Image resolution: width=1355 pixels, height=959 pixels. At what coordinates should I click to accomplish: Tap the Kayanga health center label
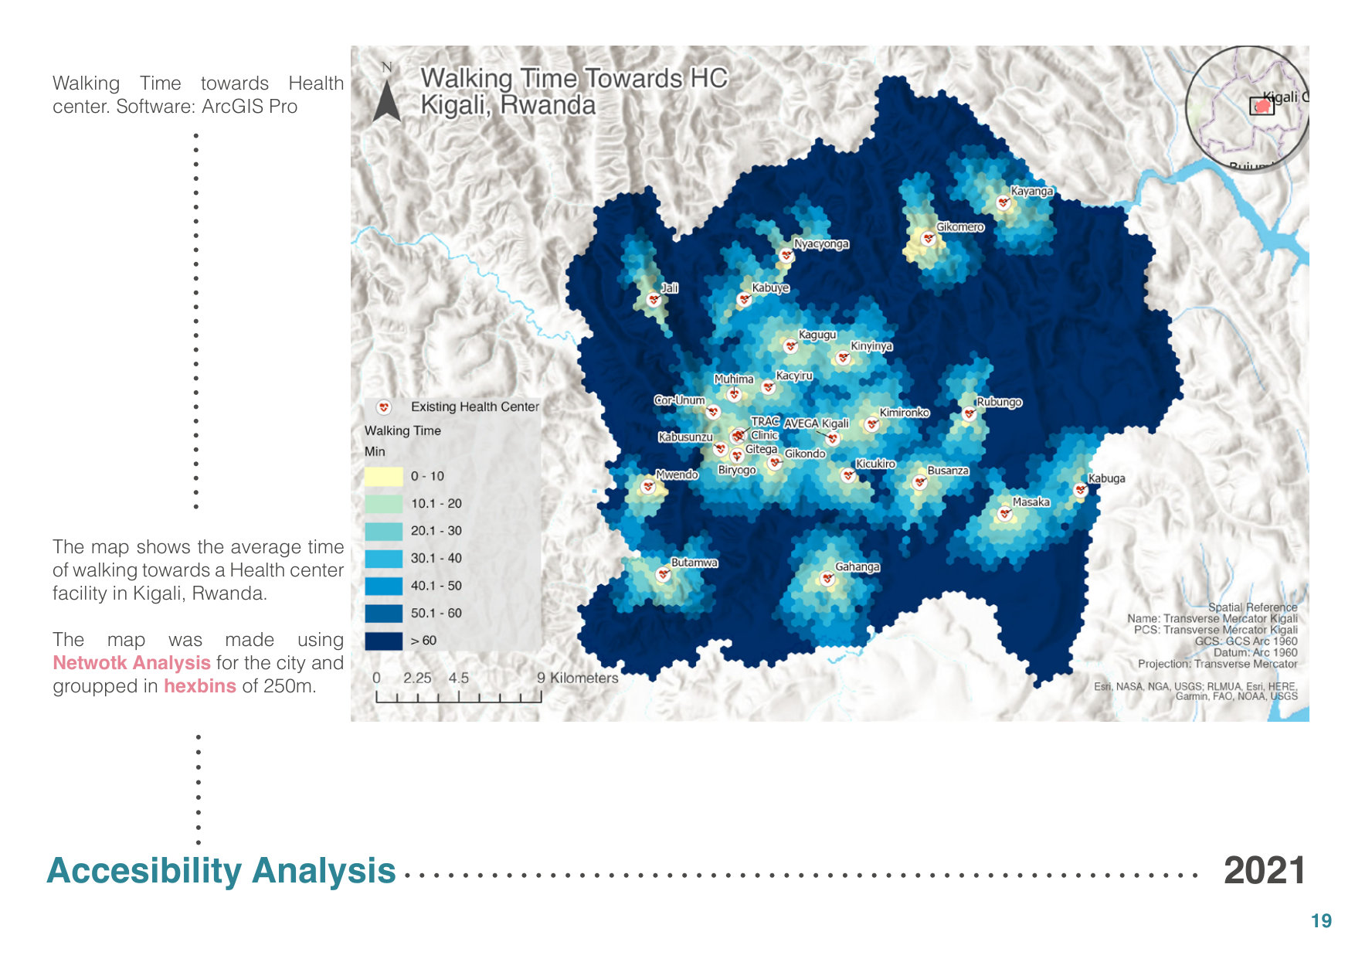1031,191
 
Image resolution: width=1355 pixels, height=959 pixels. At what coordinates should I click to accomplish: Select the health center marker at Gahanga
827,578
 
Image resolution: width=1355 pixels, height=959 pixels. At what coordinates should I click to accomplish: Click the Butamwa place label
694,563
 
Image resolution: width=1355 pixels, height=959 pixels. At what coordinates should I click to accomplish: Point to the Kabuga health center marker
1081,489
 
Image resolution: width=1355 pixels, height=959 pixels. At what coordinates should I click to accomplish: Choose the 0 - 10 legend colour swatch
383,476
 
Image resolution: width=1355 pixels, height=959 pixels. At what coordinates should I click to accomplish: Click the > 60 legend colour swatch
383,641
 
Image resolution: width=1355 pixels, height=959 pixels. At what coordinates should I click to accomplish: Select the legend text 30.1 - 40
436,558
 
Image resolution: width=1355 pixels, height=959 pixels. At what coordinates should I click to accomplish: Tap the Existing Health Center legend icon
383,406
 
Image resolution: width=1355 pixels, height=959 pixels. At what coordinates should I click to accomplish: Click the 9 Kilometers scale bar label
577,678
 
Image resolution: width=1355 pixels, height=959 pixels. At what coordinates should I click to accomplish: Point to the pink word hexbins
199,686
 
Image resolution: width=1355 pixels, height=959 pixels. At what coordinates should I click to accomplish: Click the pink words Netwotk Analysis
131,663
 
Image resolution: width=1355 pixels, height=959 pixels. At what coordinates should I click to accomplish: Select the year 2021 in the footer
1264,871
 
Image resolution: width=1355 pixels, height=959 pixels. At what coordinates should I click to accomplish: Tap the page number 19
1321,921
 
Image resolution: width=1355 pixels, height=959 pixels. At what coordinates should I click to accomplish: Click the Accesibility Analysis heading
221,871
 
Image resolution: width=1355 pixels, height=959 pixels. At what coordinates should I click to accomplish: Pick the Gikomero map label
960,227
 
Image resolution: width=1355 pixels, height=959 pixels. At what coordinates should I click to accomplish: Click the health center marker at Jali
654,299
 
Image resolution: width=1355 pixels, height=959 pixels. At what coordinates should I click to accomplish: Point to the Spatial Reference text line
1252,607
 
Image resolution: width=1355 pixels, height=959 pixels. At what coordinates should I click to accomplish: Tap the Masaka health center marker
1004,513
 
